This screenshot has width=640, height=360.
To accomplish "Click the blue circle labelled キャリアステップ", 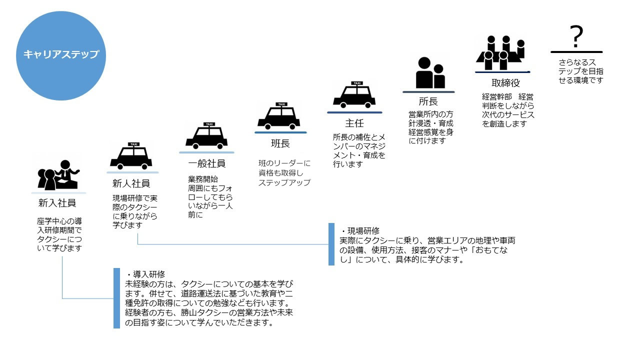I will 61,55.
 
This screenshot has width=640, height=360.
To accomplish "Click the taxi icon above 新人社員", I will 131,156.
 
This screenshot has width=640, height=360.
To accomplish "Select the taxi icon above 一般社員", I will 206,136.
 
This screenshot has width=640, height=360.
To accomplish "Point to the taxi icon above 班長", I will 279,116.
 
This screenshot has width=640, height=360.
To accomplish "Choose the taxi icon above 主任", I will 354,95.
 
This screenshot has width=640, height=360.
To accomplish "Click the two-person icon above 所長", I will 429,73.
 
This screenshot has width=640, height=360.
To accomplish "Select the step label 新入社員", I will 57,203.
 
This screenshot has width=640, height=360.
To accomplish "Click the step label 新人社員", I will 131,183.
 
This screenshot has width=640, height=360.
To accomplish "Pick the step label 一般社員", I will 206,163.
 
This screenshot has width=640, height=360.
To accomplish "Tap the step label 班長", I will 280,143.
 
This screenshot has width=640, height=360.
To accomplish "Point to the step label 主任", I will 354,123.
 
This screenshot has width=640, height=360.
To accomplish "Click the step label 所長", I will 428,101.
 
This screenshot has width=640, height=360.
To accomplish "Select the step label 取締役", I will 505,83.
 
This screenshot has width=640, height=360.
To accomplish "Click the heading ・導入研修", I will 145,274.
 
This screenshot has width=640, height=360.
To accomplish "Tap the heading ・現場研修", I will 360,231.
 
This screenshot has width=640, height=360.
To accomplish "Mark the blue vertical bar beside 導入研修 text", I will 116,298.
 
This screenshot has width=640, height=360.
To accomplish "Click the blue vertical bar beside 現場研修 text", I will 331,244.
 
